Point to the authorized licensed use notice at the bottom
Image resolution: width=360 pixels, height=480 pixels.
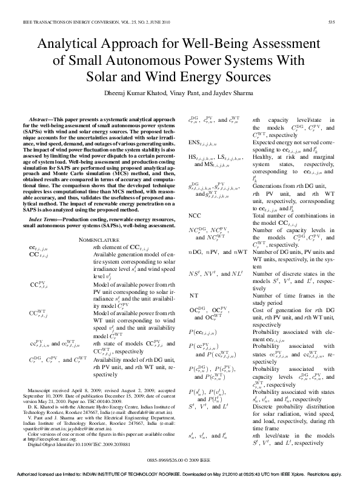[180, 475]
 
